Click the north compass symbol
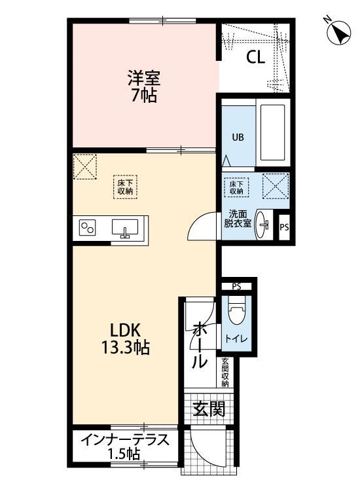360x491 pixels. point(338,32)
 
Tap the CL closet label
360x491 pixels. point(255,58)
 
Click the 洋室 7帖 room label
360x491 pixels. point(144,86)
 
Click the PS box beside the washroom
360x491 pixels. point(283,228)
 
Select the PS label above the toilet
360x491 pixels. point(236,287)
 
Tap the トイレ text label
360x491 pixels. point(236,338)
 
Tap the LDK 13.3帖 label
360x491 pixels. point(124,338)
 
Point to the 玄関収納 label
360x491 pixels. point(225,373)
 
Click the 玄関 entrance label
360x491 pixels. point(209,410)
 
